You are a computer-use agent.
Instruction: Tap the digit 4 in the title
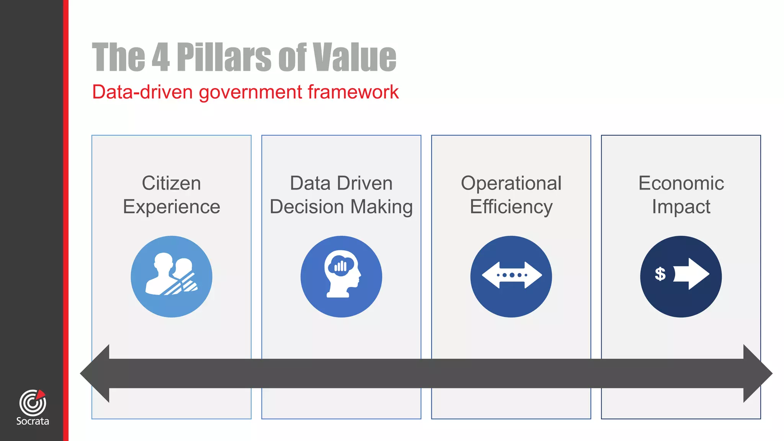(x=161, y=57)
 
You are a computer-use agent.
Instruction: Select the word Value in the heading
(x=354, y=57)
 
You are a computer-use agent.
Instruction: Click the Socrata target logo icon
(x=33, y=402)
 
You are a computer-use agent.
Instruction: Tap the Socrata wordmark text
(x=33, y=421)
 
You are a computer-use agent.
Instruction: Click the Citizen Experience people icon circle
(x=171, y=276)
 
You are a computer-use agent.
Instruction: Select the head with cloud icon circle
(x=341, y=276)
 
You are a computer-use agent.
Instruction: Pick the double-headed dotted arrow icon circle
(x=511, y=276)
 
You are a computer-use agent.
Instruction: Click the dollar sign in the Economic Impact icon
(x=660, y=274)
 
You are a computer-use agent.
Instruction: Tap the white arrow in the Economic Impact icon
(x=691, y=274)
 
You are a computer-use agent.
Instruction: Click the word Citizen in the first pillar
(x=171, y=183)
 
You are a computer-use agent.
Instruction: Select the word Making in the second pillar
(x=381, y=207)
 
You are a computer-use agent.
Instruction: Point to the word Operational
(x=511, y=183)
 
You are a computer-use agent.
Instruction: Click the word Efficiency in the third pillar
(x=511, y=207)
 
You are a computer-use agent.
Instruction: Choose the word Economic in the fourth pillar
(x=681, y=183)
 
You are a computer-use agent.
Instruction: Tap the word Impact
(x=681, y=207)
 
